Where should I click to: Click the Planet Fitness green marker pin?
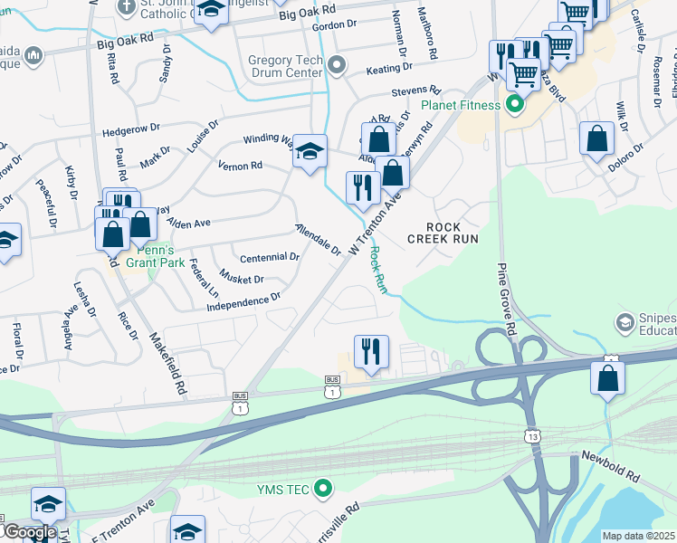(x=514, y=105)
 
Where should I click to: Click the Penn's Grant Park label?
(x=161, y=256)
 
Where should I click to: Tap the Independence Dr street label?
(x=244, y=300)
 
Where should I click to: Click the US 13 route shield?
(x=532, y=437)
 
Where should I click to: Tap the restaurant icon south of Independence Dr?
(x=371, y=351)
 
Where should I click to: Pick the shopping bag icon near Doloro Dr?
(x=596, y=139)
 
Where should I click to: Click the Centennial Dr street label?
(x=269, y=257)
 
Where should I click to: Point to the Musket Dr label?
(x=241, y=280)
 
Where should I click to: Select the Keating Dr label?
(x=389, y=68)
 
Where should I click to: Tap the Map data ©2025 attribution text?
(x=638, y=536)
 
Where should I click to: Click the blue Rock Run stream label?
(x=378, y=270)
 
